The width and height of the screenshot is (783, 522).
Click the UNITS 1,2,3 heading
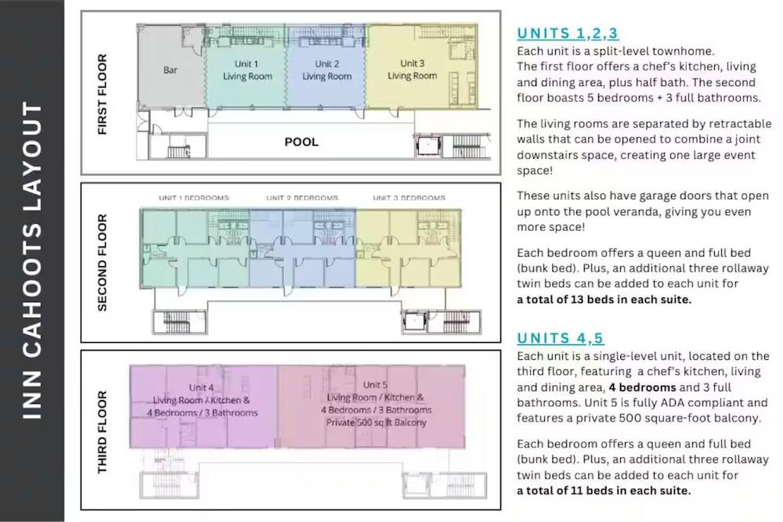click(x=568, y=34)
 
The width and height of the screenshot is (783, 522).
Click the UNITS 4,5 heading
click(x=561, y=338)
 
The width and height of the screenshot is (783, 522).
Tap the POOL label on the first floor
click(x=301, y=142)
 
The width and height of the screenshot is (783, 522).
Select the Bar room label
click(x=170, y=70)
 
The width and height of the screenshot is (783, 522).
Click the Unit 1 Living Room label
click(x=247, y=70)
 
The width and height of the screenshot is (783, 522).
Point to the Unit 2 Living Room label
click(x=327, y=70)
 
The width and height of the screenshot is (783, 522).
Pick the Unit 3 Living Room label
click(x=413, y=70)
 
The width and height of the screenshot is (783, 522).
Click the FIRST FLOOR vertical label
click(x=103, y=95)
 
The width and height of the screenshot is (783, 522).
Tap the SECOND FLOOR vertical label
click(x=103, y=263)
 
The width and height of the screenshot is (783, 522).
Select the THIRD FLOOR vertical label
click(x=103, y=432)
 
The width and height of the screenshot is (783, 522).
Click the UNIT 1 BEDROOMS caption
click(x=193, y=198)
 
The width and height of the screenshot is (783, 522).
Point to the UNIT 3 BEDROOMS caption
click(x=409, y=198)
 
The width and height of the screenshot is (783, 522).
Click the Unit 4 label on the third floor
click(x=201, y=387)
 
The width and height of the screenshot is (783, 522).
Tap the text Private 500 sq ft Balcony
click(x=377, y=423)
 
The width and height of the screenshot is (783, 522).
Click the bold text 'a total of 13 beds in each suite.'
click(x=604, y=300)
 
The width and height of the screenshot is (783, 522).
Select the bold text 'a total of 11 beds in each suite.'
click(x=604, y=491)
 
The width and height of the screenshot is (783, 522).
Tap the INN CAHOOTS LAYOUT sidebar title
click(x=32, y=261)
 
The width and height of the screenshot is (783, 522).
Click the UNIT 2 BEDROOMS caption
click(x=302, y=198)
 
